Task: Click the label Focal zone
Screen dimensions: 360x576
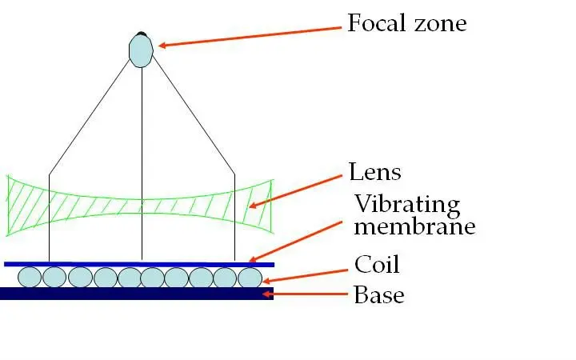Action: (406, 23)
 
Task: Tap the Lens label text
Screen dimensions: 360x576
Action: (374, 171)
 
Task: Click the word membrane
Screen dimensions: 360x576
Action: (414, 226)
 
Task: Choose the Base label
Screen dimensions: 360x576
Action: (378, 295)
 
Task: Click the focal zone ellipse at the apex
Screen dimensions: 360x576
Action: (141, 50)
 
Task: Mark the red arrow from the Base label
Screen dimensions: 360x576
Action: (309, 295)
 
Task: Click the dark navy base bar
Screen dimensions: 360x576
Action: (136, 294)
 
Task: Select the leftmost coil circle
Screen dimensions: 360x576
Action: (30, 277)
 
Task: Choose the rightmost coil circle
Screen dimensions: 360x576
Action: (250, 277)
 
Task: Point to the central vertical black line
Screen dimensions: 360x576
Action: (142, 160)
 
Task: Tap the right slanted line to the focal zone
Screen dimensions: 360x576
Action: (192, 116)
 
